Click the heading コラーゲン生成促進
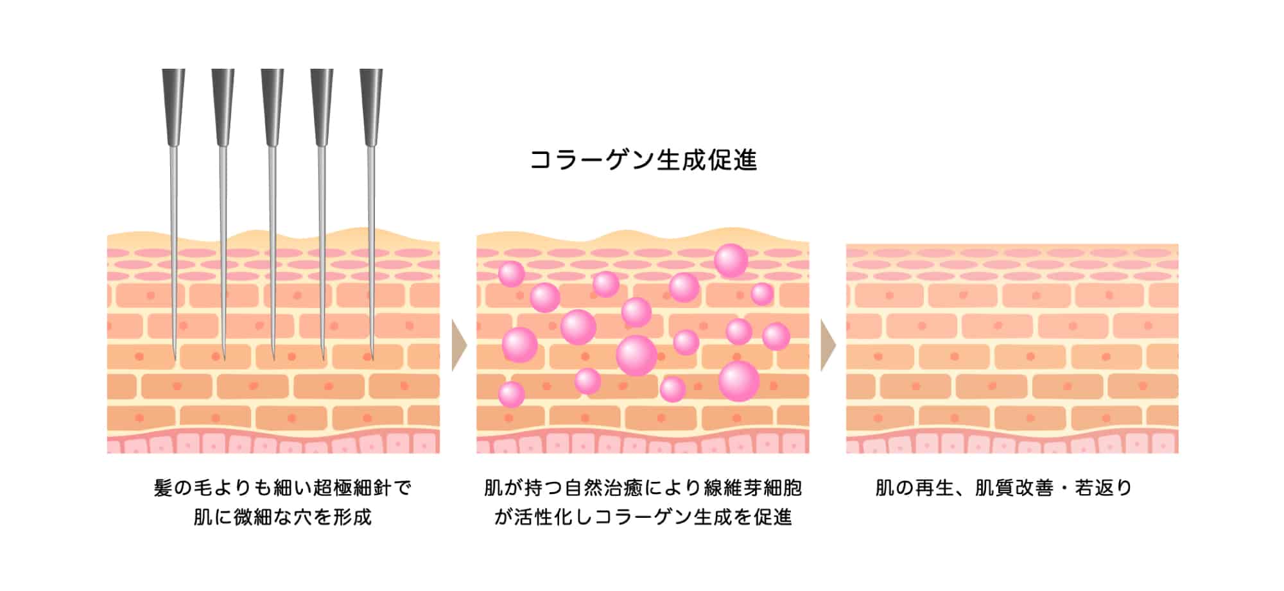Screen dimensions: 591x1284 point(643,160)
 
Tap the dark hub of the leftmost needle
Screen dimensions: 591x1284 point(173,106)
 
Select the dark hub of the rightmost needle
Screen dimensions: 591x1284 point(371,106)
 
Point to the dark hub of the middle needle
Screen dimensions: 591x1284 point(272,106)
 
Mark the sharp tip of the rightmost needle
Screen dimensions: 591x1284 point(372,356)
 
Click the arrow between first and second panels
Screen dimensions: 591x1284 point(458,346)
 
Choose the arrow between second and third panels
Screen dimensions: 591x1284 point(828,346)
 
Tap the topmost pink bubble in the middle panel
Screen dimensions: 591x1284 point(731,261)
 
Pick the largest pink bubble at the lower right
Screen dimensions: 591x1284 point(739,381)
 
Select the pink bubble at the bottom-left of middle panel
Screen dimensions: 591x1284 point(512,394)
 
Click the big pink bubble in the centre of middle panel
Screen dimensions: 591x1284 point(636,355)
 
